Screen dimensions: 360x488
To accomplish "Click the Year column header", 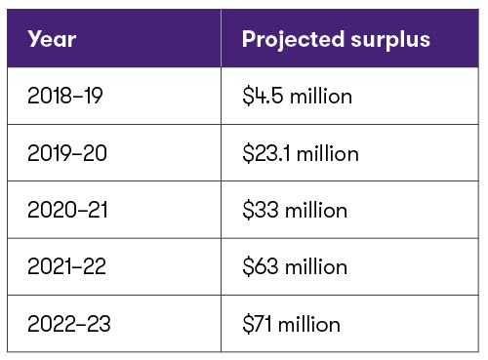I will [53, 40].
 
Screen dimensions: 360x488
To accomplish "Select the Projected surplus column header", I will [336, 40].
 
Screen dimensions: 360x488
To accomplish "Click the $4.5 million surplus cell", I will [298, 97].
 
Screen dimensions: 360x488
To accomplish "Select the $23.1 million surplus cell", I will [301, 153].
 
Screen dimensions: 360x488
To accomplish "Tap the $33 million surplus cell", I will [295, 210].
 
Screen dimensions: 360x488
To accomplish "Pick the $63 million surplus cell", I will [296, 266].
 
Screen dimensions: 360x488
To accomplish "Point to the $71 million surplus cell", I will [292, 323].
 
